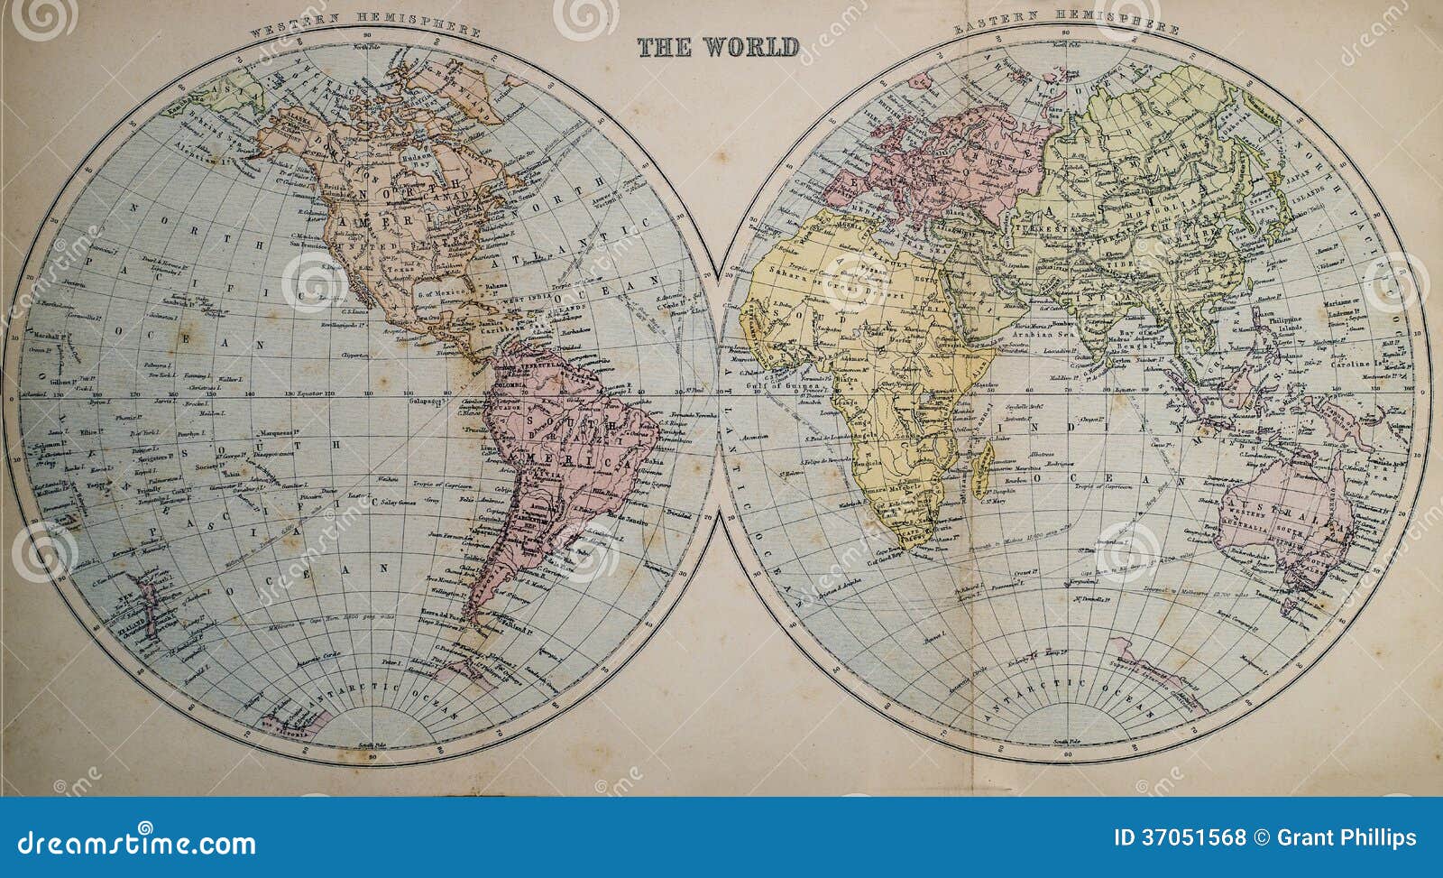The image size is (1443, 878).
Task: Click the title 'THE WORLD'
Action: [718, 47]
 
